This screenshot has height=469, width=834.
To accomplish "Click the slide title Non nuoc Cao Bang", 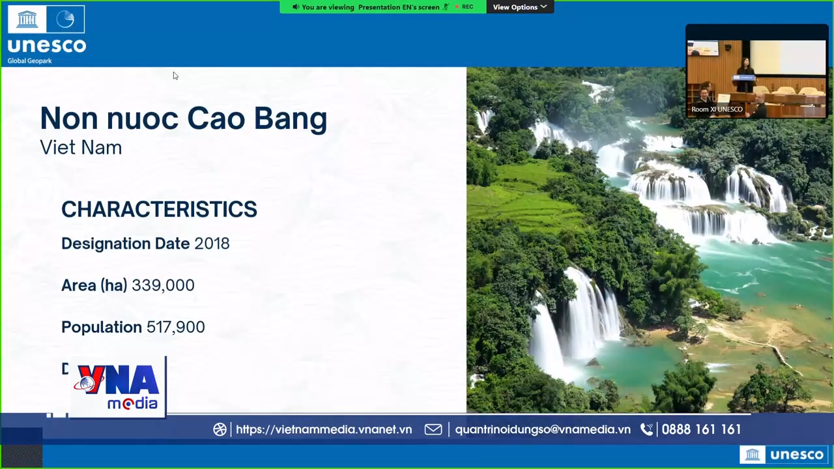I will [x=183, y=119].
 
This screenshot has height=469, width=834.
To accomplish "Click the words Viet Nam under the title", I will [x=81, y=148].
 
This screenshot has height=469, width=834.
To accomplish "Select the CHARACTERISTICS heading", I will [x=159, y=209].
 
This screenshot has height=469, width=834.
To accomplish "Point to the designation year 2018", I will [x=212, y=244].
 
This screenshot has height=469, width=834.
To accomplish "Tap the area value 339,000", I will [x=163, y=285].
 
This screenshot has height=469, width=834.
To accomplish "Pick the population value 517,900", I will [x=175, y=327].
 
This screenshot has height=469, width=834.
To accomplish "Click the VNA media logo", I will [x=118, y=387].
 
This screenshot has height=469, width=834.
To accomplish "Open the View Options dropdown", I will [x=519, y=7].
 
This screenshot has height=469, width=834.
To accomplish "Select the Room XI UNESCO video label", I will [x=717, y=109].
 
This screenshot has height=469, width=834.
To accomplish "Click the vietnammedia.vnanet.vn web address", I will [x=324, y=429].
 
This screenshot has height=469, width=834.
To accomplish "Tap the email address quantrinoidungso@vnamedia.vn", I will [x=542, y=429].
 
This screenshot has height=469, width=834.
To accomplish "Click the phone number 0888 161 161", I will [x=701, y=429].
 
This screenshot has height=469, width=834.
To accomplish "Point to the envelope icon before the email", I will [x=433, y=429].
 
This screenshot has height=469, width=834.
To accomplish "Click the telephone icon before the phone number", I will [x=646, y=429].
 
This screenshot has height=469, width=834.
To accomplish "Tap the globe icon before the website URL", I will [x=220, y=429].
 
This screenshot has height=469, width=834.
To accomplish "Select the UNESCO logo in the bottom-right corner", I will [x=784, y=455].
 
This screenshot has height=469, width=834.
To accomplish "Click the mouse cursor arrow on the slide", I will [x=175, y=76].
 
